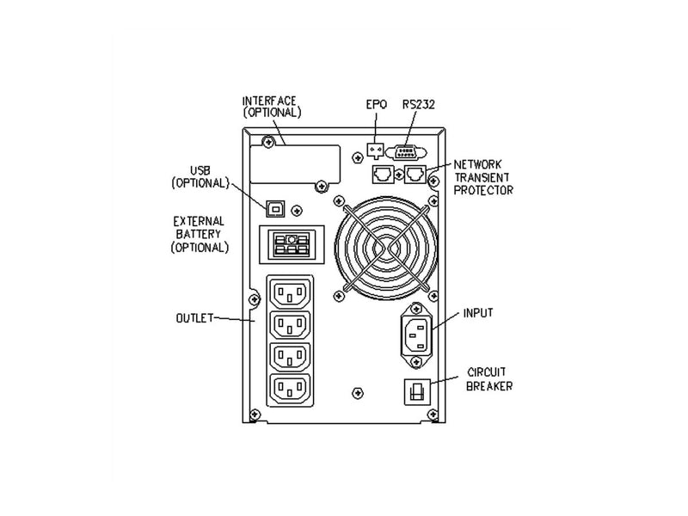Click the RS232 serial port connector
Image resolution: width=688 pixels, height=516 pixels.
pos(406,152)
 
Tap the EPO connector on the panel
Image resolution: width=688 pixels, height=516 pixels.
pos(375,150)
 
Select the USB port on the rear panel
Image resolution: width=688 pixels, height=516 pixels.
pos(275,209)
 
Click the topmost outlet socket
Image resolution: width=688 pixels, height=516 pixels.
pos(290,292)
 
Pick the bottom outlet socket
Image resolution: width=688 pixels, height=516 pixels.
pos(290,389)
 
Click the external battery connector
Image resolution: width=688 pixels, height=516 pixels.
pos(292,245)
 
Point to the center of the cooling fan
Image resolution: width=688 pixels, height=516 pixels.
pos(385,248)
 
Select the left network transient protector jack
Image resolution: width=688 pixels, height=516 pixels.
pos(383,175)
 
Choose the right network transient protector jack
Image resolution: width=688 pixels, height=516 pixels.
pos(415,175)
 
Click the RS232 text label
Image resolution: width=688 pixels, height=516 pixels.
pos(419,104)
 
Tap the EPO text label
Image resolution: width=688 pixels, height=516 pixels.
pos(377,104)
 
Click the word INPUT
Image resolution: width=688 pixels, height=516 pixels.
pos(478,313)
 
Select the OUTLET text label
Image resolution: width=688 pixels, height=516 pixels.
pos(194,317)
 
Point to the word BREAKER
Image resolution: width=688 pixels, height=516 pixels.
pos(489,386)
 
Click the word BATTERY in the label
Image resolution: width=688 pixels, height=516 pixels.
pos(199,234)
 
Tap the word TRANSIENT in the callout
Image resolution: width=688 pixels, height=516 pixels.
pos(482,177)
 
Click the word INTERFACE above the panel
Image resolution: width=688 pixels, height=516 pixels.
pos(269,101)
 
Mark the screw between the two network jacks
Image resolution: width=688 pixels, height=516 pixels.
pos(399,175)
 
